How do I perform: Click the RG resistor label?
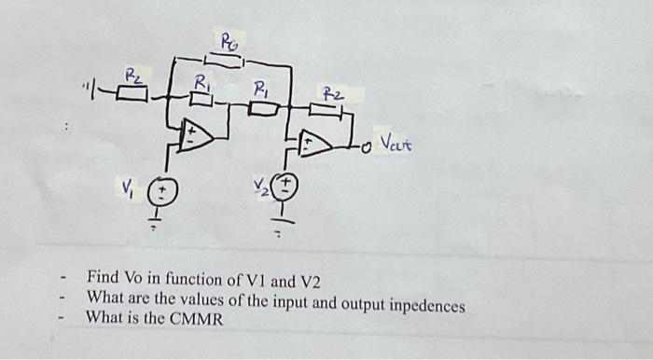click(x=229, y=40)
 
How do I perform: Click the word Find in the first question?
click(x=104, y=278)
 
